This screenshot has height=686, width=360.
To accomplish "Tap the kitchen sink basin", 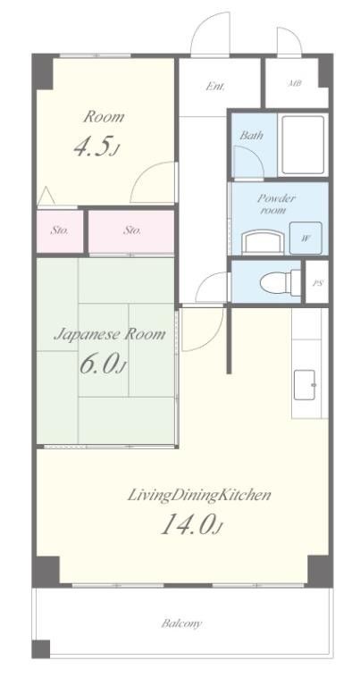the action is click(x=305, y=385).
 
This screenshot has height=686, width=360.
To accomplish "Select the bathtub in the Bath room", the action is click(x=303, y=146).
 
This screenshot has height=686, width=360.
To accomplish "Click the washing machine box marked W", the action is click(x=306, y=238).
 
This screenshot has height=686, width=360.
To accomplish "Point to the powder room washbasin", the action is click(x=264, y=241).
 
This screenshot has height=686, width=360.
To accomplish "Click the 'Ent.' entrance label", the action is click(x=215, y=86).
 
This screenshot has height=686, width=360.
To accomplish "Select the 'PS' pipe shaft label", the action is click(x=318, y=282).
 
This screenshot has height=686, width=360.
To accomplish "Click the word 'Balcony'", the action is click(x=181, y=623).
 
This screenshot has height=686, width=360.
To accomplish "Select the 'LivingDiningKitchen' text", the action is click(x=199, y=496).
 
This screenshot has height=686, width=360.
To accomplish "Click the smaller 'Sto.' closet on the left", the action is click(x=60, y=230).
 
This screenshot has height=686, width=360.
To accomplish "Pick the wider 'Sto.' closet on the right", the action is click(x=131, y=230).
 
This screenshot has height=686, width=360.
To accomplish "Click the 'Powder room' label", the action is click(x=275, y=204).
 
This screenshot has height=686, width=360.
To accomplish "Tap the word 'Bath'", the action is click(x=251, y=135).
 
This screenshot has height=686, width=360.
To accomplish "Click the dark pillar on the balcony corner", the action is click(x=41, y=649).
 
